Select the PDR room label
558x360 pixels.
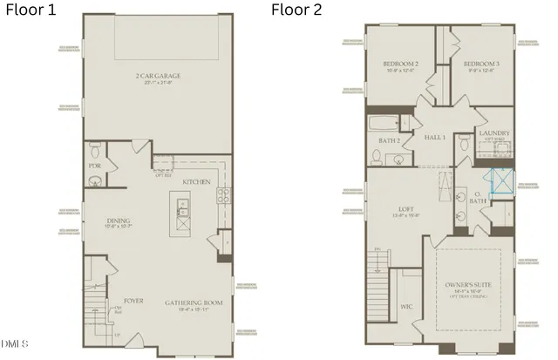[x=96, y=165]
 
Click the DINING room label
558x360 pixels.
[x=119, y=221]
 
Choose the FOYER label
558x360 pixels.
[x=133, y=302]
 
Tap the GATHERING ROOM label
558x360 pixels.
[x=194, y=302]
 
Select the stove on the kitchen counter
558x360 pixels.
[x=223, y=196]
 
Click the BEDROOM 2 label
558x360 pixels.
[x=401, y=65]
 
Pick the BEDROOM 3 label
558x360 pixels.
[x=480, y=65]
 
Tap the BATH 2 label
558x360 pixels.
[x=390, y=139]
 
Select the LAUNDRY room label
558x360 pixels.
[x=494, y=133]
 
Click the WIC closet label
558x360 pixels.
[x=406, y=306]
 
